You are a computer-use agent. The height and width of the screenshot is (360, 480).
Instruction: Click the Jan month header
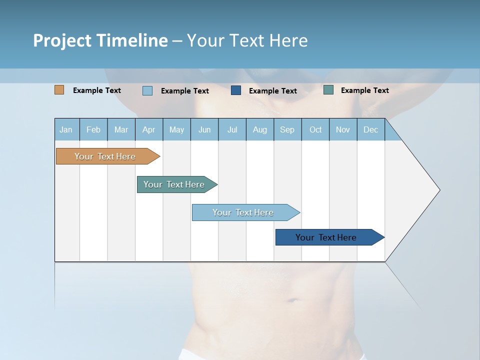(x=66, y=130)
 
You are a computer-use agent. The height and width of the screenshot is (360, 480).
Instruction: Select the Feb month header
(x=93, y=130)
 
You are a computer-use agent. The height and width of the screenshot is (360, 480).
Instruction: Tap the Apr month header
(x=149, y=130)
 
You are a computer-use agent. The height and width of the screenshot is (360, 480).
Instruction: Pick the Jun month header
(x=204, y=130)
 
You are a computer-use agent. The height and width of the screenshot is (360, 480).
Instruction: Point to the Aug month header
(x=260, y=130)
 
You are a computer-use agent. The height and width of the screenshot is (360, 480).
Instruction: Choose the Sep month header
(x=287, y=130)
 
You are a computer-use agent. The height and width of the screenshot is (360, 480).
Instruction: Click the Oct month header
(x=315, y=130)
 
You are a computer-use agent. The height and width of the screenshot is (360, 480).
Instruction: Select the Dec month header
(x=371, y=130)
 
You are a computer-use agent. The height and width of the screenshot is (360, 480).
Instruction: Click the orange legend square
(x=59, y=90)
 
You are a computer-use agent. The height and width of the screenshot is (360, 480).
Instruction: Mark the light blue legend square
(x=147, y=90)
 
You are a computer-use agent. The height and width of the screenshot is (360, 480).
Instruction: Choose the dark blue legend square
(x=236, y=90)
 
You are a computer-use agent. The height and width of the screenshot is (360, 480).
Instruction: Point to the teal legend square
(x=328, y=90)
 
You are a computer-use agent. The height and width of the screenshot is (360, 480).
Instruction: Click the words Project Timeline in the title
(x=100, y=40)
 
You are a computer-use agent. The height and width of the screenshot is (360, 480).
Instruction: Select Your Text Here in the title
(x=247, y=40)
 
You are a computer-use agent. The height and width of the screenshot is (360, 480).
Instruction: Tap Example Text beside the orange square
(x=97, y=90)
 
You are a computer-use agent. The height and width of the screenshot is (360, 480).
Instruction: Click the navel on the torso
(x=290, y=300)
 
